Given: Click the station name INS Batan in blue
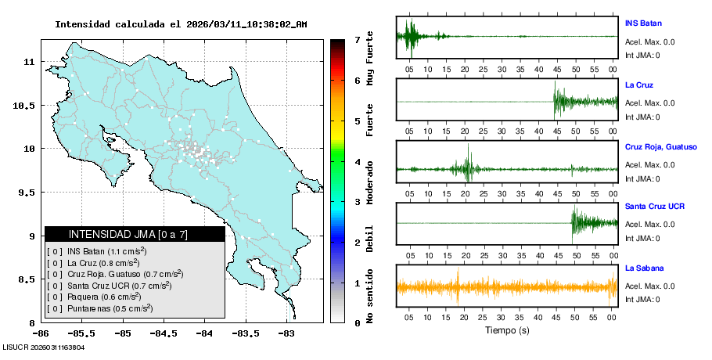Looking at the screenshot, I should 644,23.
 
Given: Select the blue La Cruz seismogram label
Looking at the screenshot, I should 639,85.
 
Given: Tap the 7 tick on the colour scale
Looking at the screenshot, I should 356,39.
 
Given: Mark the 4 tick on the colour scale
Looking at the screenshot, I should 356,162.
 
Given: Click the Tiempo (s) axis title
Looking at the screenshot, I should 506,330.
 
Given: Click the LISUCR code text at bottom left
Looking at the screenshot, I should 43,347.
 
